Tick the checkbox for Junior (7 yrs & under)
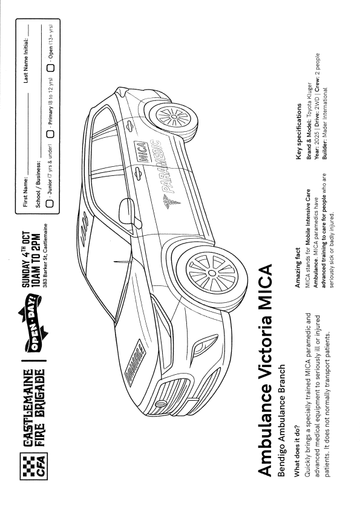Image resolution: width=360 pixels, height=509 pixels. tap(50, 204)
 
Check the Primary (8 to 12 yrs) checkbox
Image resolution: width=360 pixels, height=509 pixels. tap(50, 134)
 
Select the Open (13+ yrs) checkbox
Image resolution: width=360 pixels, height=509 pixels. tap(50, 68)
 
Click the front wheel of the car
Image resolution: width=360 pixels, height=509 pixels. tap(210, 274)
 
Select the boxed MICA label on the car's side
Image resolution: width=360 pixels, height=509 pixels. tap(140, 152)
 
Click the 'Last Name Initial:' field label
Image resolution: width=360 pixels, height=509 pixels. tap(25, 60)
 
